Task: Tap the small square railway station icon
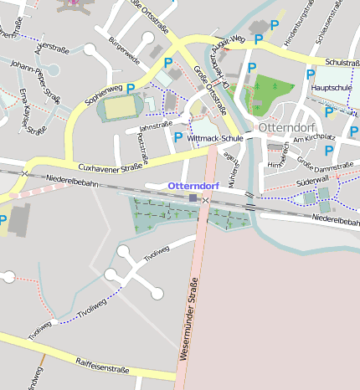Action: point(193,198)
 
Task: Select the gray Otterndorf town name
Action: point(286,127)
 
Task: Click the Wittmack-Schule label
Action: point(217,136)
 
